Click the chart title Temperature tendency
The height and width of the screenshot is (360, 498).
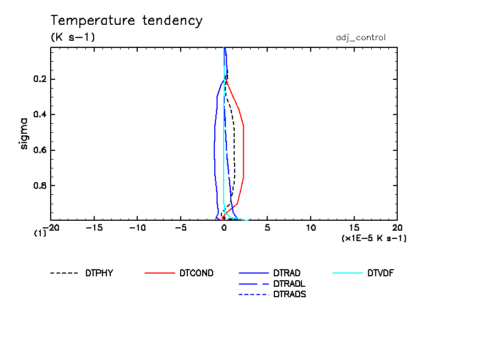coord(127,21)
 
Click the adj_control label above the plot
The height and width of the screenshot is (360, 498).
coord(361,37)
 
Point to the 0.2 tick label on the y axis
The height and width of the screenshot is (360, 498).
coord(41,79)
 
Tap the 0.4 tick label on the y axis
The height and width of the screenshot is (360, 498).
coord(41,114)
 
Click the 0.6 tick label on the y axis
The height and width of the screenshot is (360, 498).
coord(41,150)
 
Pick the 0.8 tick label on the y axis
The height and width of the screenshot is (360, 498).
coord(41,186)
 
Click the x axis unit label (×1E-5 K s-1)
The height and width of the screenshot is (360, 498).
coord(374,238)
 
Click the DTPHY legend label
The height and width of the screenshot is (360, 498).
coord(99,272)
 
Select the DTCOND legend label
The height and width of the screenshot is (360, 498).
coord(196,272)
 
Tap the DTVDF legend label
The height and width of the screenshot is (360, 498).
coord(381,272)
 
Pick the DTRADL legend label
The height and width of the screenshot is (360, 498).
coord(290,283)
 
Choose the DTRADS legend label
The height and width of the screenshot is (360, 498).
coord(290,294)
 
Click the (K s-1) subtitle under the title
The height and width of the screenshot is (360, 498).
coord(73,37)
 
